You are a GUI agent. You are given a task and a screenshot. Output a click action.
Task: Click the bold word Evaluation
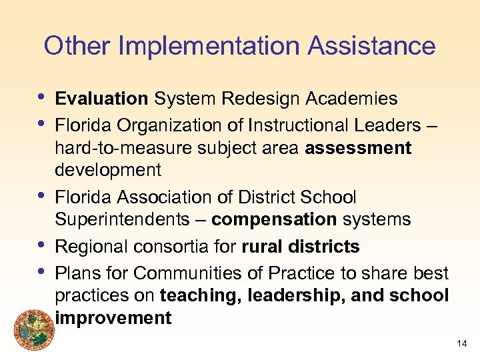101,99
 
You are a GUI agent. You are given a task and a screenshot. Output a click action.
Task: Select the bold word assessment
358,148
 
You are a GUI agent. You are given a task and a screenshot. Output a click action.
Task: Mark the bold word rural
264,247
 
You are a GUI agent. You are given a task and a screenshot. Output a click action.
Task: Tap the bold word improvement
113,318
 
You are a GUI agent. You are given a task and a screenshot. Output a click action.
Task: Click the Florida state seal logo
30,329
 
